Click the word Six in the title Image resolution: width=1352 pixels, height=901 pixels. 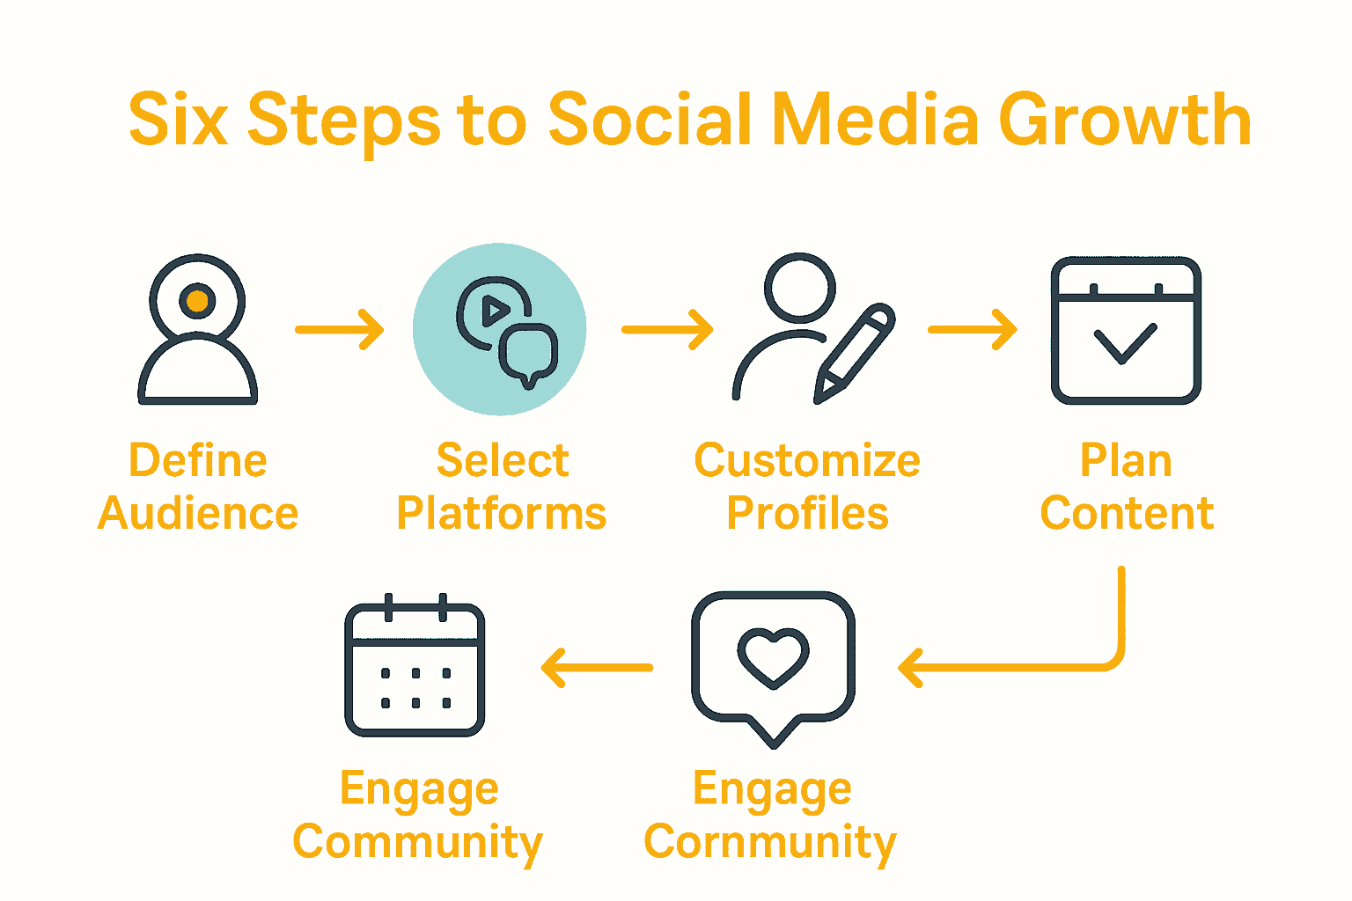coord(178,120)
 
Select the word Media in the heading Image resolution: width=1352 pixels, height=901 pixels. coord(875,120)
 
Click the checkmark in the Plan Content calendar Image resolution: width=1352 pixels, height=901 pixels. coord(1125,343)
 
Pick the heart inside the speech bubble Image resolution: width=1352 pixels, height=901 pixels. coord(773,656)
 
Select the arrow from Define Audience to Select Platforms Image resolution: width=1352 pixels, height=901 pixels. coord(340,330)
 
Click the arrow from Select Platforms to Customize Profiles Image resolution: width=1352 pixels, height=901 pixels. coord(667,330)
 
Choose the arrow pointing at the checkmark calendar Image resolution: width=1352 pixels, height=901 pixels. coord(973,330)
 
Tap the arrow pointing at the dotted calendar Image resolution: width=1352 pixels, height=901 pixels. coord(597,668)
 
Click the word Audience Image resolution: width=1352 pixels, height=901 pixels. coord(198,514)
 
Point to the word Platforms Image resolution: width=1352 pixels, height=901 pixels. coord(502,514)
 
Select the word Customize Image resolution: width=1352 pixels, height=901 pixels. coord(807,460)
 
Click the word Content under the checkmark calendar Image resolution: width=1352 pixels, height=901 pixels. coord(1127,514)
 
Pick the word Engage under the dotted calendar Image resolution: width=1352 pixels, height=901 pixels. coord(419,789)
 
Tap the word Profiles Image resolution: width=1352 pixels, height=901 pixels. coord(807,514)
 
